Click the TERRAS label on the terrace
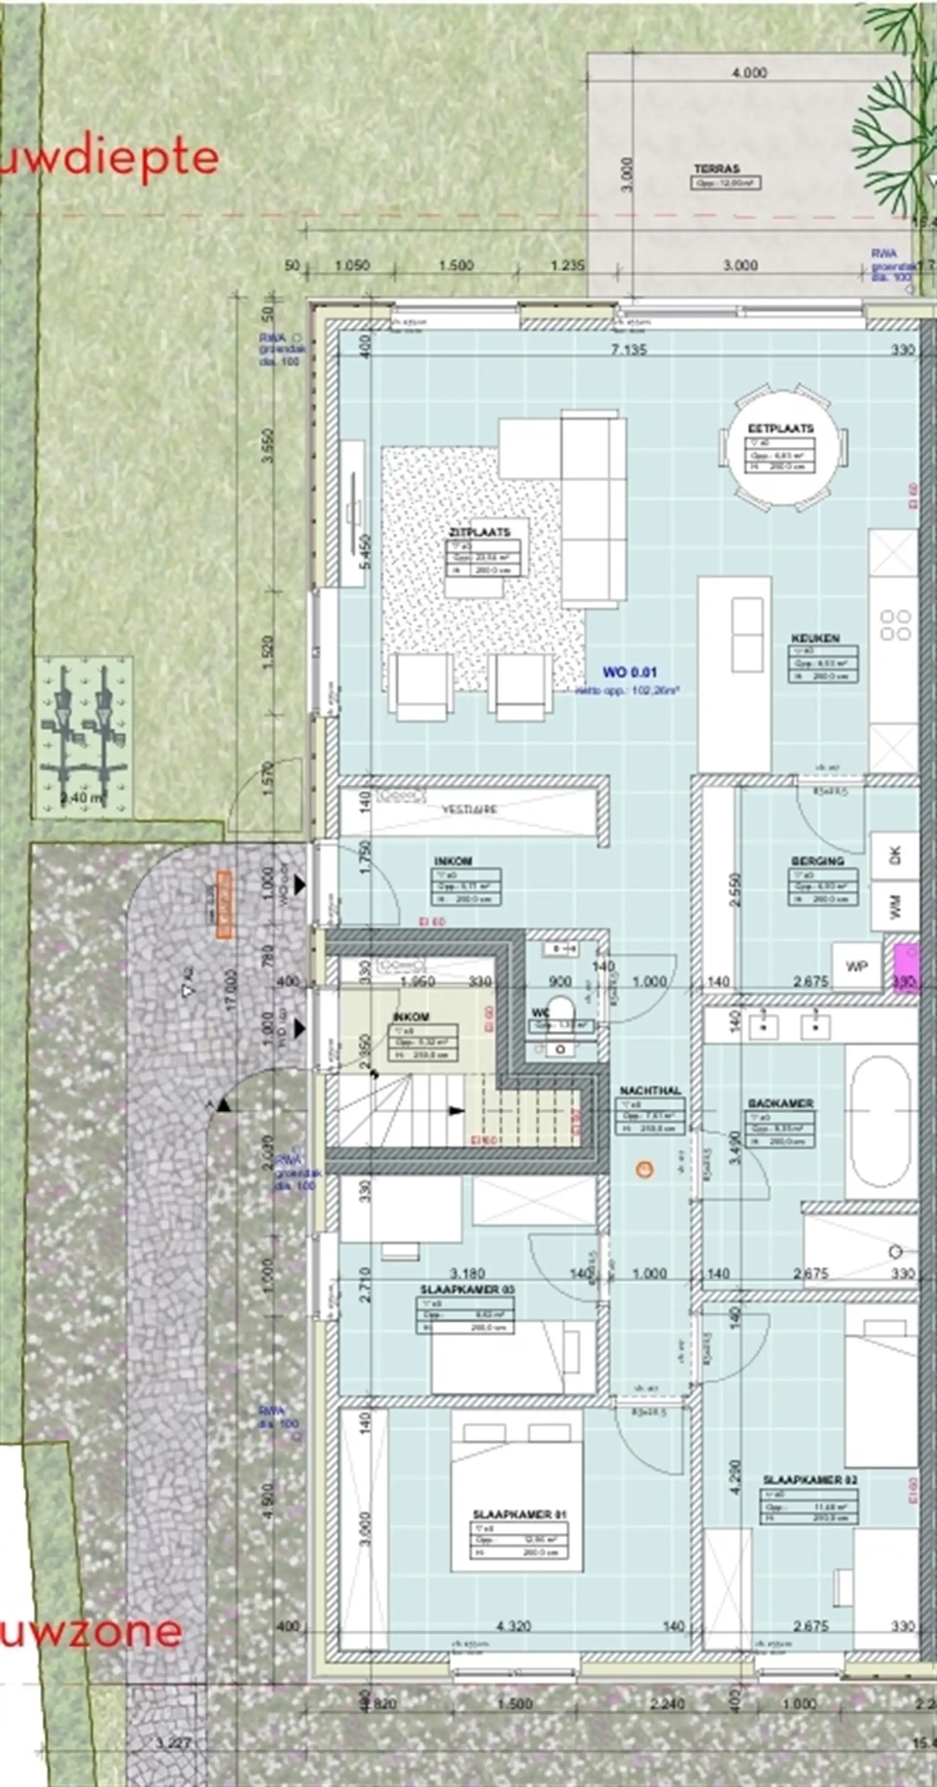(716, 168)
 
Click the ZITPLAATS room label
(479, 532)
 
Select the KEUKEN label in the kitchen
(815, 637)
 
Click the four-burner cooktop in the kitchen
(895, 624)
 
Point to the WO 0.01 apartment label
(629, 671)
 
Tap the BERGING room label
(818, 861)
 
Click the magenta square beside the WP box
(906, 966)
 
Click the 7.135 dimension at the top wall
(629, 349)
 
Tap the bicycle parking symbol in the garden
(84, 735)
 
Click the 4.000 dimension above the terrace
(749, 72)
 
